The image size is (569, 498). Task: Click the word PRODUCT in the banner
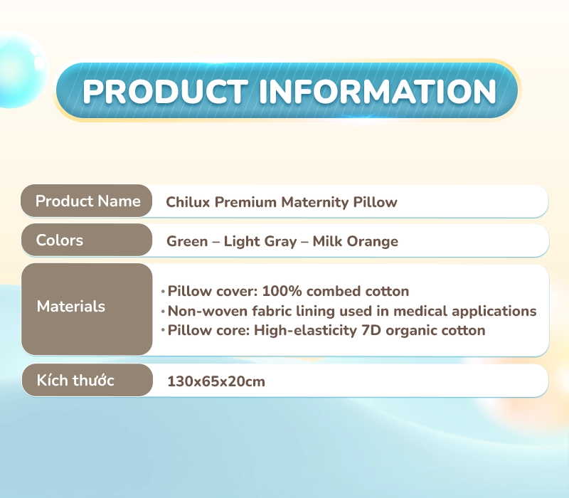pyautogui.click(x=165, y=91)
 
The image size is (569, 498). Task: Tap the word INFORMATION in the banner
pyautogui.click(x=378, y=91)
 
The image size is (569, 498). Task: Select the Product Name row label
pyautogui.click(x=87, y=201)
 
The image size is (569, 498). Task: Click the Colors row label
pyautogui.click(x=60, y=240)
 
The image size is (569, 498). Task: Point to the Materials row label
pyautogui.click(x=70, y=307)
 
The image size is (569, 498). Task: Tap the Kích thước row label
pyautogui.click(x=75, y=381)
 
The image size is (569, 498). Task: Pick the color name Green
pyautogui.click(x=187, y=241)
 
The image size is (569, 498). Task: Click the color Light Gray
pyautogui.click(x=260, y=241)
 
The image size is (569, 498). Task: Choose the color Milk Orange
pyautogui.click(x=355, y=241)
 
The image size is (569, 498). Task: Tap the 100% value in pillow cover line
pyautogui.click(x=282, y=291)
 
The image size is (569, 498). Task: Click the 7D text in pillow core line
pyautogui.click(x=371, y=331)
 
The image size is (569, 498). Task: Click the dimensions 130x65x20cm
pyautogui.click(x=216, y=381)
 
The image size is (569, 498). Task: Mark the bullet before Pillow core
pyautogui.click(x=163, y=330)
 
